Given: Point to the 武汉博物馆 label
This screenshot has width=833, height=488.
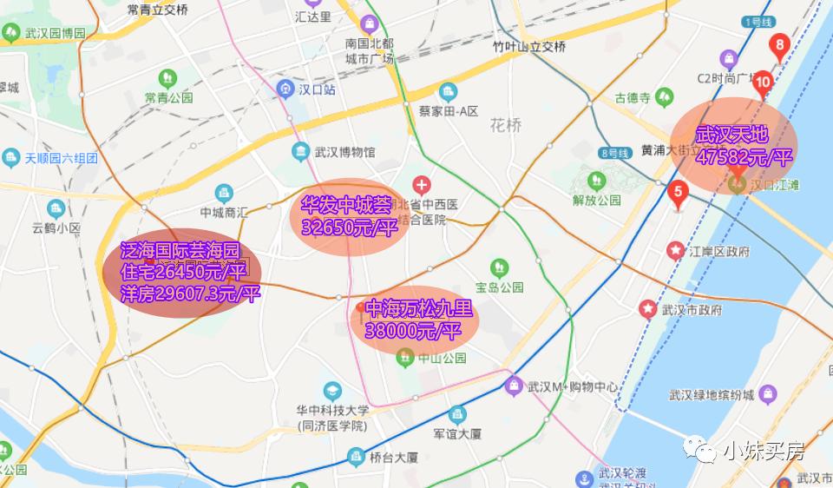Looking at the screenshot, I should (344, 152).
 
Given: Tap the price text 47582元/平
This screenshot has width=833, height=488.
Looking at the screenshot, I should (744, 157).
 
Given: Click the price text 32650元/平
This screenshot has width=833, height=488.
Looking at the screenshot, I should (349, 228).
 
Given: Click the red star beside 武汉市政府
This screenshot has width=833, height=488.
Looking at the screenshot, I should (646, 309).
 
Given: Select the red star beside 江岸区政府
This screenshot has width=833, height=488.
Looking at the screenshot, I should (675, 252).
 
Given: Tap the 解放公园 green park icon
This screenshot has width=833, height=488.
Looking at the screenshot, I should (596, 181).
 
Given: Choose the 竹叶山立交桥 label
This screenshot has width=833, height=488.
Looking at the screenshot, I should (528, 47).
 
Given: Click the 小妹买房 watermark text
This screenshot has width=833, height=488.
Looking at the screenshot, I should (764, 450).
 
